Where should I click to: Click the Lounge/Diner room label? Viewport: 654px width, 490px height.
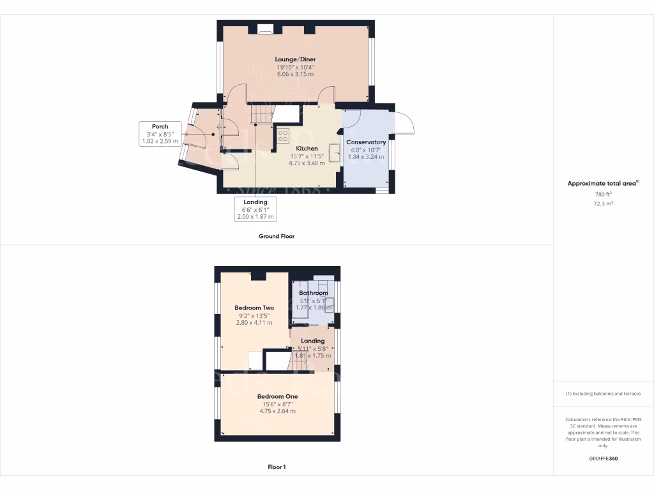click(295, 59)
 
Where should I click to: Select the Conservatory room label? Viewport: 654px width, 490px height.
click(366, 142)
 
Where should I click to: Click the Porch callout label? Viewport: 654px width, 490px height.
click(160, 126)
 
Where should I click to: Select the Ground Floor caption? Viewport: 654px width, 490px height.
click(276, 236)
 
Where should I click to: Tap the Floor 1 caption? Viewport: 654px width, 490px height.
click(277, 467)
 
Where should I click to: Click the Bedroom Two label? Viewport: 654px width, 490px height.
click(254, 308)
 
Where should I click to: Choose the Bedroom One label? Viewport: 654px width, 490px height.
click(278, 396)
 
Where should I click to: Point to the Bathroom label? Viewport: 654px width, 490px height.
click(314, 293)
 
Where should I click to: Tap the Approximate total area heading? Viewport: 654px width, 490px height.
click(602, 183)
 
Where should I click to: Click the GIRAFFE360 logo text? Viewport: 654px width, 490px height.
click(604, 458)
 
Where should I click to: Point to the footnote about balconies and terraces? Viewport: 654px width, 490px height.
click(604, 394)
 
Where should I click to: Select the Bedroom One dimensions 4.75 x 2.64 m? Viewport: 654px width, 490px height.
click(278, 411)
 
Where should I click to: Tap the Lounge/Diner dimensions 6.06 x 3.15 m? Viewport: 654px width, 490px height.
click(295, 74)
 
